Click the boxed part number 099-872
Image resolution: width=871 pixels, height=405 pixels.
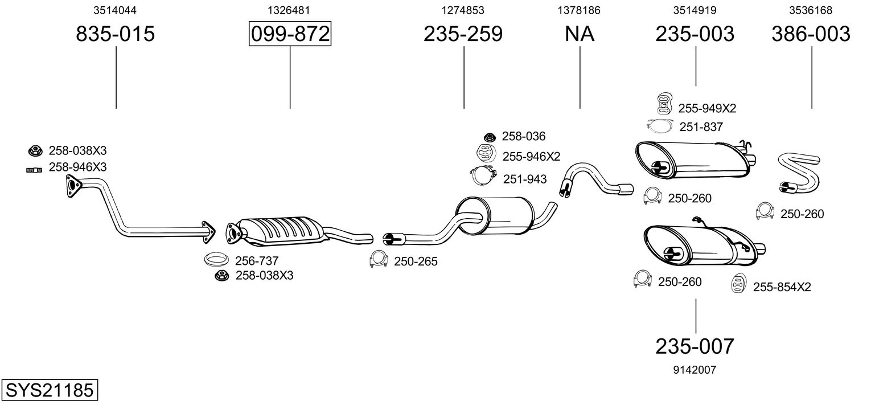coord(290,34)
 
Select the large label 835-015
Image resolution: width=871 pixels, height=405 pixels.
coord(116,34)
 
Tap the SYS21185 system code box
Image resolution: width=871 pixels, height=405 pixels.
coord(49,391)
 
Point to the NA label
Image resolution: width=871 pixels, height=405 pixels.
coord(580,34)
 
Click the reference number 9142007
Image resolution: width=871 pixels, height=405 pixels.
coord(695,370)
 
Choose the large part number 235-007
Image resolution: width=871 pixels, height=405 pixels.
coord(695,346)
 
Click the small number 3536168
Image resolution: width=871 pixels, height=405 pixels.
coord(811,10)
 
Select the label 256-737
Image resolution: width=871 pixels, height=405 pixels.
coord(257,261)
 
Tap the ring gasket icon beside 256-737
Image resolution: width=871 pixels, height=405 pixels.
coord(216,260)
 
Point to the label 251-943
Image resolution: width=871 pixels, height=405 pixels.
coord(524,179)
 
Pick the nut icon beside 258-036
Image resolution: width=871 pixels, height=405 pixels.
coord(489,137)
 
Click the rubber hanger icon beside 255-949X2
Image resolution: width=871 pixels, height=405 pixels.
coord(663,103)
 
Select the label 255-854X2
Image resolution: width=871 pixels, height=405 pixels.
coord(782,287)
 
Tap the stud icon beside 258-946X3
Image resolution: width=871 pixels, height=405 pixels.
coord(34,169)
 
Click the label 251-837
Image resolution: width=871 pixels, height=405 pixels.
coord(700,127)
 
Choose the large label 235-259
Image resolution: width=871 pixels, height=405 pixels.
coord(463,34)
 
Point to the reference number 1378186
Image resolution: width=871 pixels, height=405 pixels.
coord(580,10)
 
